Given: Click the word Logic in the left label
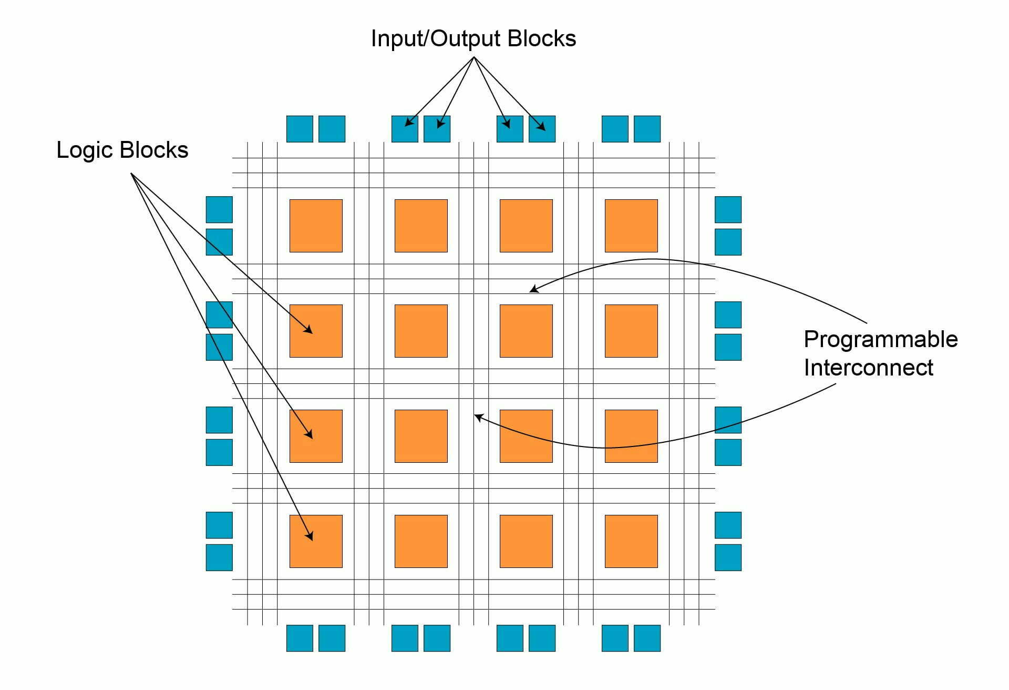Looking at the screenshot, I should click(86, 150).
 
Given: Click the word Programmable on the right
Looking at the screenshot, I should click(880, 340).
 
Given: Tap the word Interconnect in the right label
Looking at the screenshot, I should click(868, 368).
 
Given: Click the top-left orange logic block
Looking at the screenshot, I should click(316, 226).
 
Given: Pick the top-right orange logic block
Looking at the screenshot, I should click(631, 226).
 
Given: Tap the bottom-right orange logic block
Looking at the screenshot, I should click(631, 541).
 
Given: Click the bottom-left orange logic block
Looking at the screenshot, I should click(316, 541).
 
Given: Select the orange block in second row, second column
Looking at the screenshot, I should click(421, 331).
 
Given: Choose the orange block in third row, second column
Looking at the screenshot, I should click(421, 436).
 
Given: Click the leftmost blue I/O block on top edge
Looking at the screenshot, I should click(300, 129).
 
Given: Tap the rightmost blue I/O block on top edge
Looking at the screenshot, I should click(647, 129).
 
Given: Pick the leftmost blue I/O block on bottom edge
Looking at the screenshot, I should click(300, 638).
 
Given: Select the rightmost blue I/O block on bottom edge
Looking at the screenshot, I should click(647, 638).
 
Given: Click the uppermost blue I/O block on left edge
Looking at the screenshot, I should click(219, 209).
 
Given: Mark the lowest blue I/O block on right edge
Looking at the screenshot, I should click(728, 557).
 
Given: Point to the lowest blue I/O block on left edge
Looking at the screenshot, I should click(219, 557).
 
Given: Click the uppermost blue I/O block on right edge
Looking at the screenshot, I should click(728, 209).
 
